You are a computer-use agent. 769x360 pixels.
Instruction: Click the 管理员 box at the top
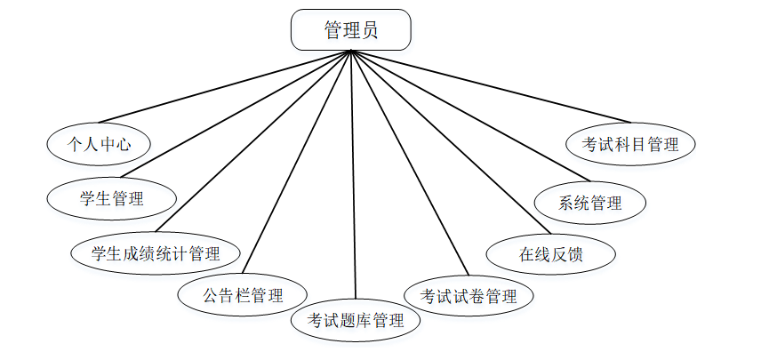(x=351, y=29)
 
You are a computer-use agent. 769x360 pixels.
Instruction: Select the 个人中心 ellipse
(x=98, y=143)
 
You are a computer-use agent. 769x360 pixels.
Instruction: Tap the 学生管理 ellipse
(x=112, y=198)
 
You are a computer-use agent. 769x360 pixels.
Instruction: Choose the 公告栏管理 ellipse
(x=243, y=294)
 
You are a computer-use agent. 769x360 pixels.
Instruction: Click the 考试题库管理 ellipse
(x=356, y=319)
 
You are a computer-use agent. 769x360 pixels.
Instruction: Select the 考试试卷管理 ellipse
(x=469, y=294)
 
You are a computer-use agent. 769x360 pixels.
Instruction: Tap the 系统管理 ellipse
(x=589, y=202)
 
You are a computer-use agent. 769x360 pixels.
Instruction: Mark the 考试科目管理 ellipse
(x=630, y=143)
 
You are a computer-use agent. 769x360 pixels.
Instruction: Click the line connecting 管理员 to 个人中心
(x=225, y=87)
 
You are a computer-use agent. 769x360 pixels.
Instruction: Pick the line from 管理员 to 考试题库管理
(x=354, y=178)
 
